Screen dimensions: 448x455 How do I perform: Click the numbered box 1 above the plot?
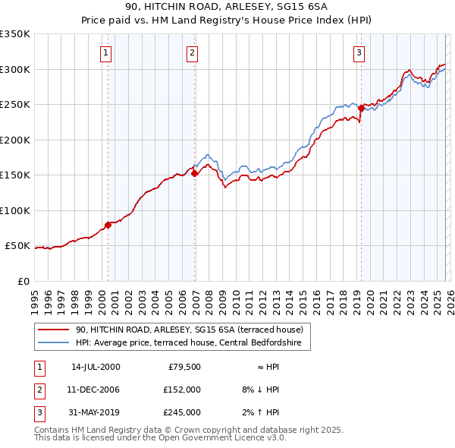(x=105, y=52)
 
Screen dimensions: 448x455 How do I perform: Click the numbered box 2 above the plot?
(x=193, y=52)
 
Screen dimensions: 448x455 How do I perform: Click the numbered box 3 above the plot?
(x=359, y=52)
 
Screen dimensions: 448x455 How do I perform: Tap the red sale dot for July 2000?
(x=108, y=225)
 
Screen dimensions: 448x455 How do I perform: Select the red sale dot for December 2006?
(x=194, y=173)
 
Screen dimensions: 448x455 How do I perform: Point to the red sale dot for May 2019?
(x=361, y=108)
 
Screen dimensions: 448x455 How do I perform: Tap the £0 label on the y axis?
(x=23, y=281)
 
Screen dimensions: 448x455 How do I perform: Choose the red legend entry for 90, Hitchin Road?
(x=189, y=330)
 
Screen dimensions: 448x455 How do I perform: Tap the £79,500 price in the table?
(x=182, y=367)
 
